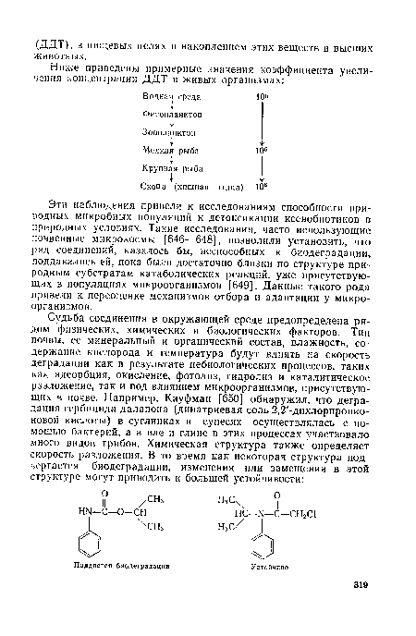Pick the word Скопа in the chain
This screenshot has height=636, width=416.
[153, 184]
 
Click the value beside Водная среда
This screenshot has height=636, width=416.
[263, 95]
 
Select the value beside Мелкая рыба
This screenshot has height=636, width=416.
[263, 148]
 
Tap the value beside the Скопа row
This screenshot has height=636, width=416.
[263, 184]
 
